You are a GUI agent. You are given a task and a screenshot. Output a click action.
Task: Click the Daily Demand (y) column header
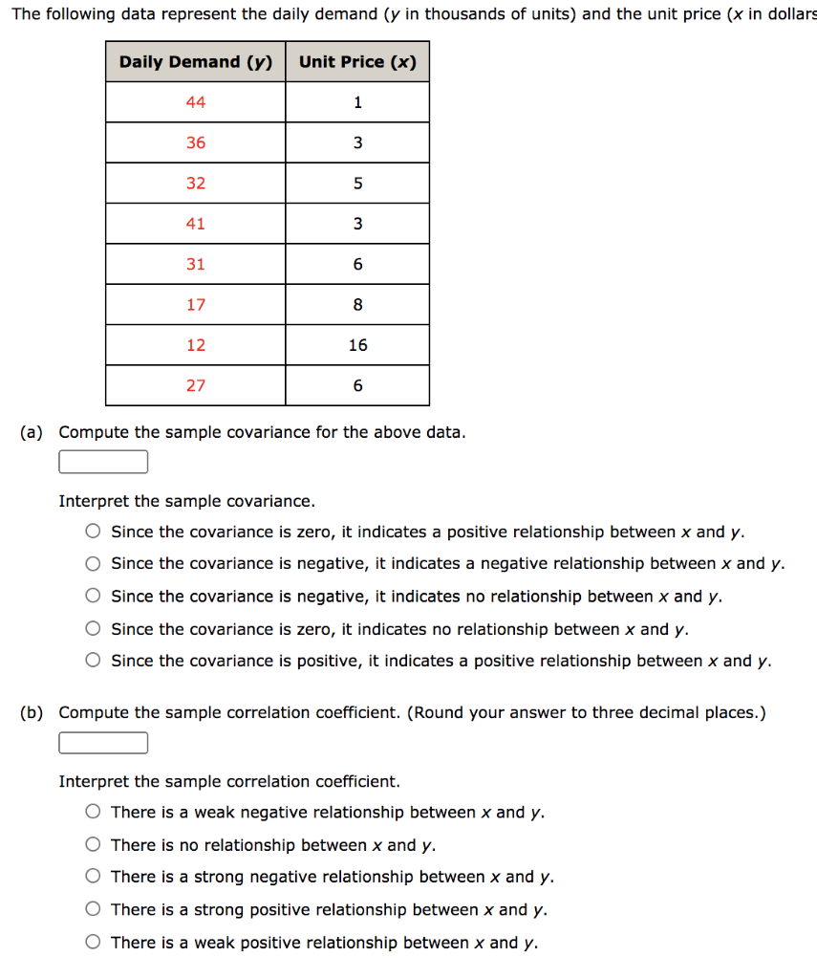click(195, 62)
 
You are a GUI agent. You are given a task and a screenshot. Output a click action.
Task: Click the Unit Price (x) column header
click(357, 62)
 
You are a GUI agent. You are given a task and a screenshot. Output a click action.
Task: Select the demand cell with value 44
click(195, 102)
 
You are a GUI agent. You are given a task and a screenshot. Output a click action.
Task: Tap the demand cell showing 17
click(195, 305)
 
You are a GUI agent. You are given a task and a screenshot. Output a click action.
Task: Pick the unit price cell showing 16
click(357, 345)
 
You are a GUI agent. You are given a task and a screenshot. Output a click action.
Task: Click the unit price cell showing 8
click(357, 305)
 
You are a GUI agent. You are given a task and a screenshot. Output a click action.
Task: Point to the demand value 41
click(195, 224)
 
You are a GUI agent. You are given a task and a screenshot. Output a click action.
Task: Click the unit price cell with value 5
click(357, 184)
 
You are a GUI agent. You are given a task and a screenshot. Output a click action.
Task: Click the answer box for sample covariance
click(103, 463)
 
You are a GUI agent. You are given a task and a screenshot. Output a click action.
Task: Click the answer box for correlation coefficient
click(103, 743)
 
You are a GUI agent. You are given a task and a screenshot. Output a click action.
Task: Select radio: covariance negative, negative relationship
click(93, 564)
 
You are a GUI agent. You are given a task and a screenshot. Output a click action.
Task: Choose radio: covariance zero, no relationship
click(93, 629)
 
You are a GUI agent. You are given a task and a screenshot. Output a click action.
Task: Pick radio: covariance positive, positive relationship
click(93, 661)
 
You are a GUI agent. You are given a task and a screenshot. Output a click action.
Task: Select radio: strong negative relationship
click(93, 877)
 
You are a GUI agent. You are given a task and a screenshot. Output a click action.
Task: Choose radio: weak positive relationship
click(93, 943)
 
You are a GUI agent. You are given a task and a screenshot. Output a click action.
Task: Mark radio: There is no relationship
click(93, 845)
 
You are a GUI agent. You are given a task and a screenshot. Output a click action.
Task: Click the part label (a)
click(32, 432)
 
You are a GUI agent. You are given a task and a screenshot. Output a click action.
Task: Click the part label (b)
click(32, 712)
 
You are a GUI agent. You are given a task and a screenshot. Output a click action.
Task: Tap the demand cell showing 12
click(195, 345)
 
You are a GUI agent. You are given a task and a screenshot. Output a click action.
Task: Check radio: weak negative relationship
click(93, 813)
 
